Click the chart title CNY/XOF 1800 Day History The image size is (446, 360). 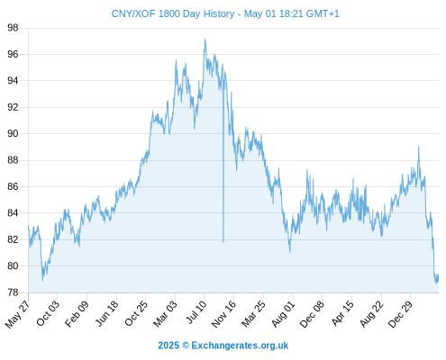point(173,13)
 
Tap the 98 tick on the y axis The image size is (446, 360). point(13,28)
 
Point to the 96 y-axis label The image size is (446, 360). point(13,54)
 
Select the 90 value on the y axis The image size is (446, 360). point(13,133)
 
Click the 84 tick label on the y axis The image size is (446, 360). point(13,213)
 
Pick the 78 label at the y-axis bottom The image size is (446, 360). point(13,292)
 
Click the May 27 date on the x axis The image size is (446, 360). point(17,314)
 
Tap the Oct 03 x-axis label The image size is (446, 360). point(48,313)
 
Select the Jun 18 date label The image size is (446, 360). point(106,313)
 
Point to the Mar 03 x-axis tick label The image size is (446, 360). point(165,314)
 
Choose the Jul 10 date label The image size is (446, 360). point(196,312)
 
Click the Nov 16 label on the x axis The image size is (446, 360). point(223,314)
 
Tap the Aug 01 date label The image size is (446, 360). point(283,314)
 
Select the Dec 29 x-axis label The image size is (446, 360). point(401,314)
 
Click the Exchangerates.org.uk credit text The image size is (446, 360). point(240,346)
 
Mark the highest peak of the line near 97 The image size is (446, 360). point(205,39)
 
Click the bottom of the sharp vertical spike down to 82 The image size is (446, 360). point(223,242)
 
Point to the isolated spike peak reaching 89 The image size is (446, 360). point(418,147)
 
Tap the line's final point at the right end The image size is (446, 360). point(439,274)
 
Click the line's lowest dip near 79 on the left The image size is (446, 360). point(42,280)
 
